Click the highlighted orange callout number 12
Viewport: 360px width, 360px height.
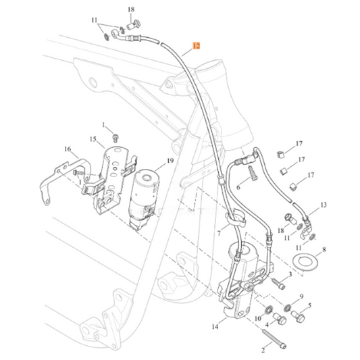click(x=196, y=47)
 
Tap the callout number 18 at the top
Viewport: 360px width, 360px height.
click(x=131, y=8)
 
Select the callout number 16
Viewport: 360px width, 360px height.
click(x=67, y=149)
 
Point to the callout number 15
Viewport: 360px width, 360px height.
click(x=93, y=139)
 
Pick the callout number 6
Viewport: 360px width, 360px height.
click(x=236, y=186)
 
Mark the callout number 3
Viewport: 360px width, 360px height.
click(x=290, y=274)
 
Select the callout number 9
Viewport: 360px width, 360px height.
click(x=301, y=297)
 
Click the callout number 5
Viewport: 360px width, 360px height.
click(x=309, y=305)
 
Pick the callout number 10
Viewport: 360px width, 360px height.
click(x=257, y=317)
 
